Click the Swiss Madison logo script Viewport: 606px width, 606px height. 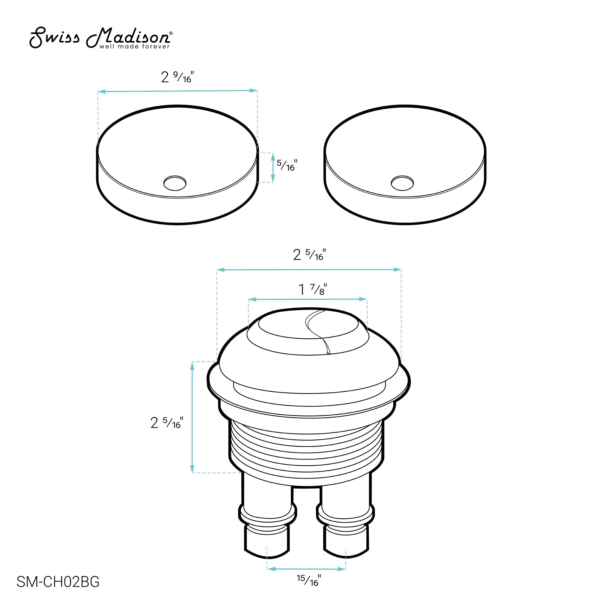tap(100, 38)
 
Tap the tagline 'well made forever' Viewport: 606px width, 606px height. tap(135, 47)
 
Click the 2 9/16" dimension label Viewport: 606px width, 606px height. tap(178, 77)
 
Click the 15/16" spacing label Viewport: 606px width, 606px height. tap(309, 580)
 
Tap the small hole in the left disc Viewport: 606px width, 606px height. tap(175, 183)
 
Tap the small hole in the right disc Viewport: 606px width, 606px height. tap(402, 183)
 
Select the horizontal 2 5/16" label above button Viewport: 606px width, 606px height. tap(310, 255)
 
